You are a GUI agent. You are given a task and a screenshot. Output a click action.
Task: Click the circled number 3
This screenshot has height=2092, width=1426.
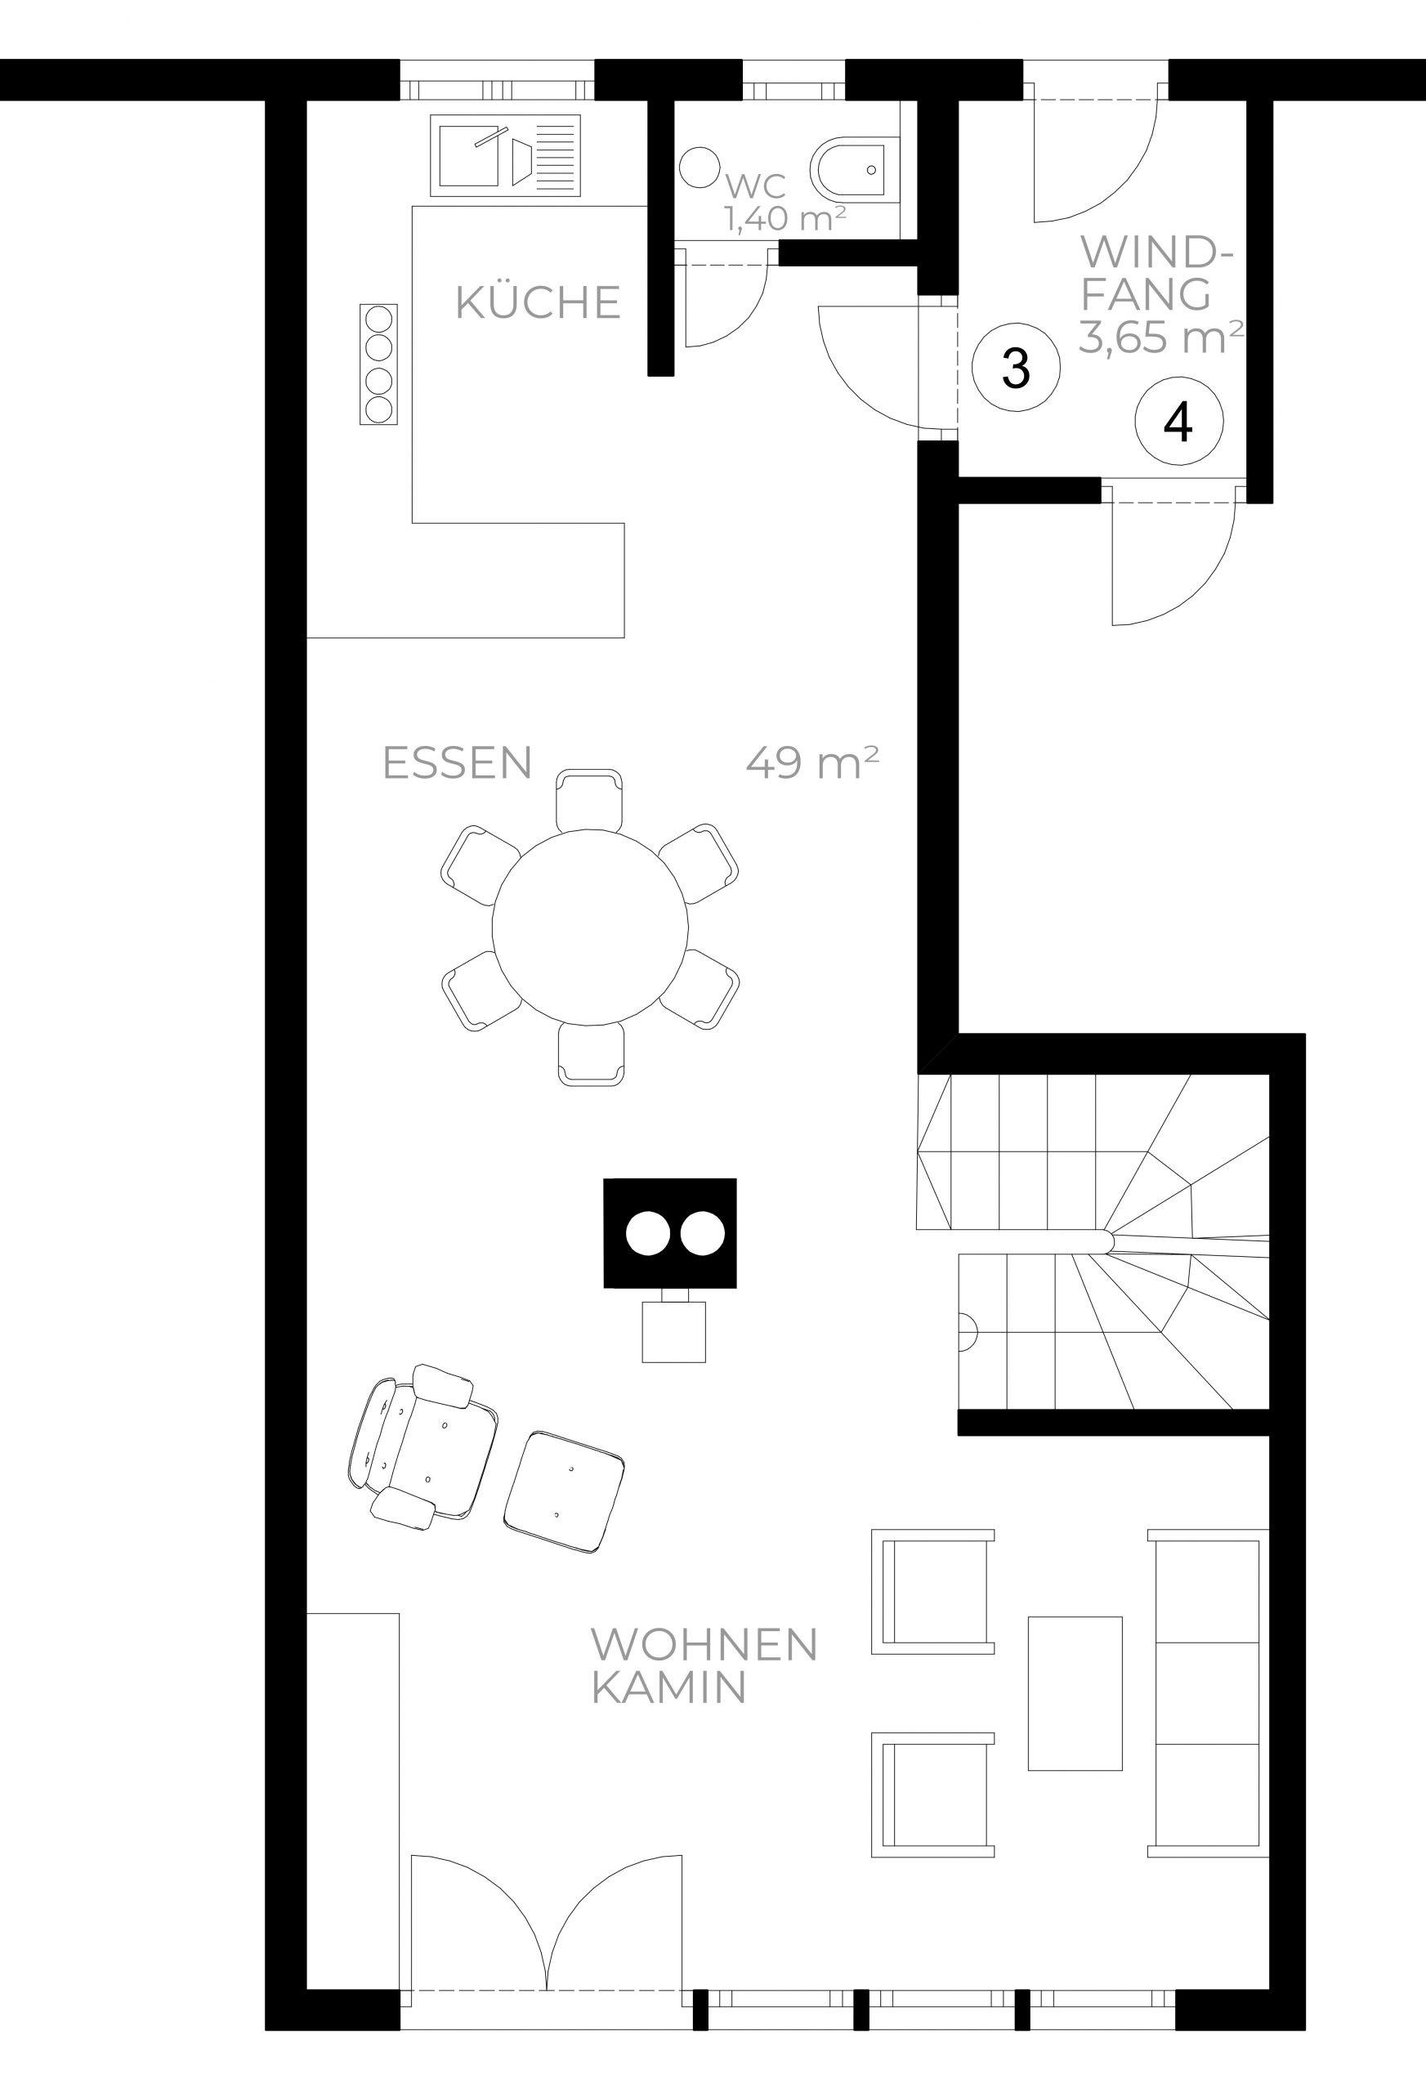point(1017,367)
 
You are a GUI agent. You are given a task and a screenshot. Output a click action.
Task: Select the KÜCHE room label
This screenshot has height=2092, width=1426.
point(539,302)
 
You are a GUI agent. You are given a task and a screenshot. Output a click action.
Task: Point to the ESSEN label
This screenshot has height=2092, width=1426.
point(458,762)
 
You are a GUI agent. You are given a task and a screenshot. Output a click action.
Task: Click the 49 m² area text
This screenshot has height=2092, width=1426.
point(812,762)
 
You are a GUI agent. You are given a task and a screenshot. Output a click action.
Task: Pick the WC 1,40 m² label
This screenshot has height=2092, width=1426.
point(785,202)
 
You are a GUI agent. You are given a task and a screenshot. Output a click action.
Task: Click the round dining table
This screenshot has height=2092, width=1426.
point(590,926)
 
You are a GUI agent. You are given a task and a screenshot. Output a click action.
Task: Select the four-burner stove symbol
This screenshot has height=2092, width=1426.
point(378,364)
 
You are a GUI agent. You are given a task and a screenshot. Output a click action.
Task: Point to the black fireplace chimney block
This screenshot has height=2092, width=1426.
point(670,1233)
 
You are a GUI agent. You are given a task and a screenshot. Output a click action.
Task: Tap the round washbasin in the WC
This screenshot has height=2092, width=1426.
point(699,168)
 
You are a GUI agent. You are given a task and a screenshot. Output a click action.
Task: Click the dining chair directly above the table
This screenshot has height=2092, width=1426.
point(588,799)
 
